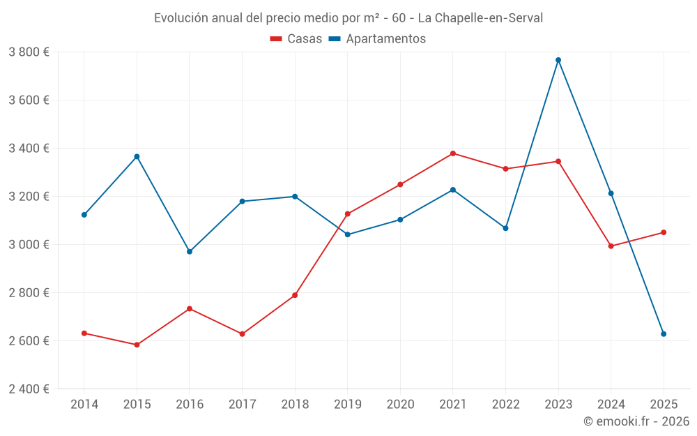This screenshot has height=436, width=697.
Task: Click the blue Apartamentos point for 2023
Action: (x=558, y=60)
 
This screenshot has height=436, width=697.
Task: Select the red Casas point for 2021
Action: (x=453, y=153)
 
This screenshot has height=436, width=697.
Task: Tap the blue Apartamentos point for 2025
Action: (x=664, y=334)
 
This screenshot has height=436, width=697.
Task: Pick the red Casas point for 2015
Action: (x=137, y=345)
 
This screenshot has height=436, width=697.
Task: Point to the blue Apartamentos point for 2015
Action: (x=137, y=156)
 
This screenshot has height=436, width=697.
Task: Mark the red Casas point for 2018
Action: (x=295, y=295)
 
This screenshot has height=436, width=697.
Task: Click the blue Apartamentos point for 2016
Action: (x=190, y=251)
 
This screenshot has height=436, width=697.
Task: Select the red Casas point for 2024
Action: (x=611, y=246)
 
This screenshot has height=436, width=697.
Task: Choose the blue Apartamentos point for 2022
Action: (x=505, y=228)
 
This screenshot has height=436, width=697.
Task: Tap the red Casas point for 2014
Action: (x=84, y=333)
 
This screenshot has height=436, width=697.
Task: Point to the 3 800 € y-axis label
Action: (x=29, y=52)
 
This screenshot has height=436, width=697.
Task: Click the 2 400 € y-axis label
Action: (x=29, y=389)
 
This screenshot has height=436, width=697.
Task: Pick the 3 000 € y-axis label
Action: (x=29, y=245)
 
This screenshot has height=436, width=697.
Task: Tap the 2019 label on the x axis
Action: (x=348, y=405)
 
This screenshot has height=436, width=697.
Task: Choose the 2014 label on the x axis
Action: (x=84, y=405)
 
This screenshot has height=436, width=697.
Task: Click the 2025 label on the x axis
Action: (x=664, y=405)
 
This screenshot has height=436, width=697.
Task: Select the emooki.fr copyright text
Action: (x=636, y=421)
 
